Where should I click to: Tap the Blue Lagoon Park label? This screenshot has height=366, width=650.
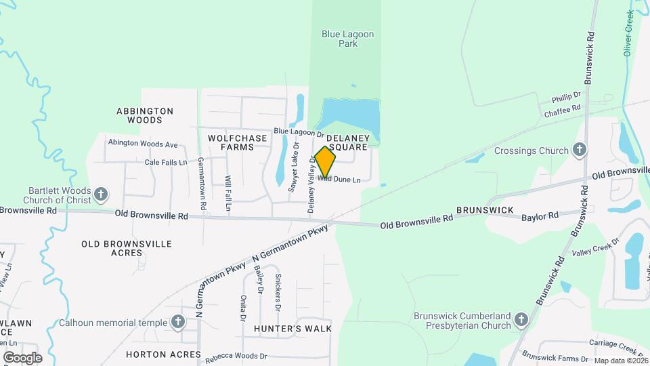[x=348, y=39]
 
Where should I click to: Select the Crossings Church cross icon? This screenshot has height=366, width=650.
[x=579, y=150]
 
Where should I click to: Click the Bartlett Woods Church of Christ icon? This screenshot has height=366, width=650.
[x=101, y=195]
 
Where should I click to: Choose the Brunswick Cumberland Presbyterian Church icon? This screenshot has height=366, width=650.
[x=521, y=319]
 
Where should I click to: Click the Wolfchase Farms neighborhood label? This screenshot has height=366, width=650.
[x=237, y=142]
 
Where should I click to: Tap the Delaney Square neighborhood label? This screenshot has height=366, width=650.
[x=348, y=142]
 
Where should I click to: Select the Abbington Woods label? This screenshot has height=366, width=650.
[x=145, y=115]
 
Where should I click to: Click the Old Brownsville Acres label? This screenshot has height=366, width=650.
[x=127, y=248]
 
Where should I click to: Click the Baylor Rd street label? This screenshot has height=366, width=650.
[x=540, y=216]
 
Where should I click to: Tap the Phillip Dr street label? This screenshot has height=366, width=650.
[x=567, y=96]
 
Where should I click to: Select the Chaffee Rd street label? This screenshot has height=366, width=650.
[x=563, y=108]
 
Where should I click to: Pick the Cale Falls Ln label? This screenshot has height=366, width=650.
[x=165, y=163]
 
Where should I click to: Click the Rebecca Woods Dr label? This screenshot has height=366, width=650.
[x=236, y=356]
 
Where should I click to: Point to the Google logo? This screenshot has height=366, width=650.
[x=22, y=357]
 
